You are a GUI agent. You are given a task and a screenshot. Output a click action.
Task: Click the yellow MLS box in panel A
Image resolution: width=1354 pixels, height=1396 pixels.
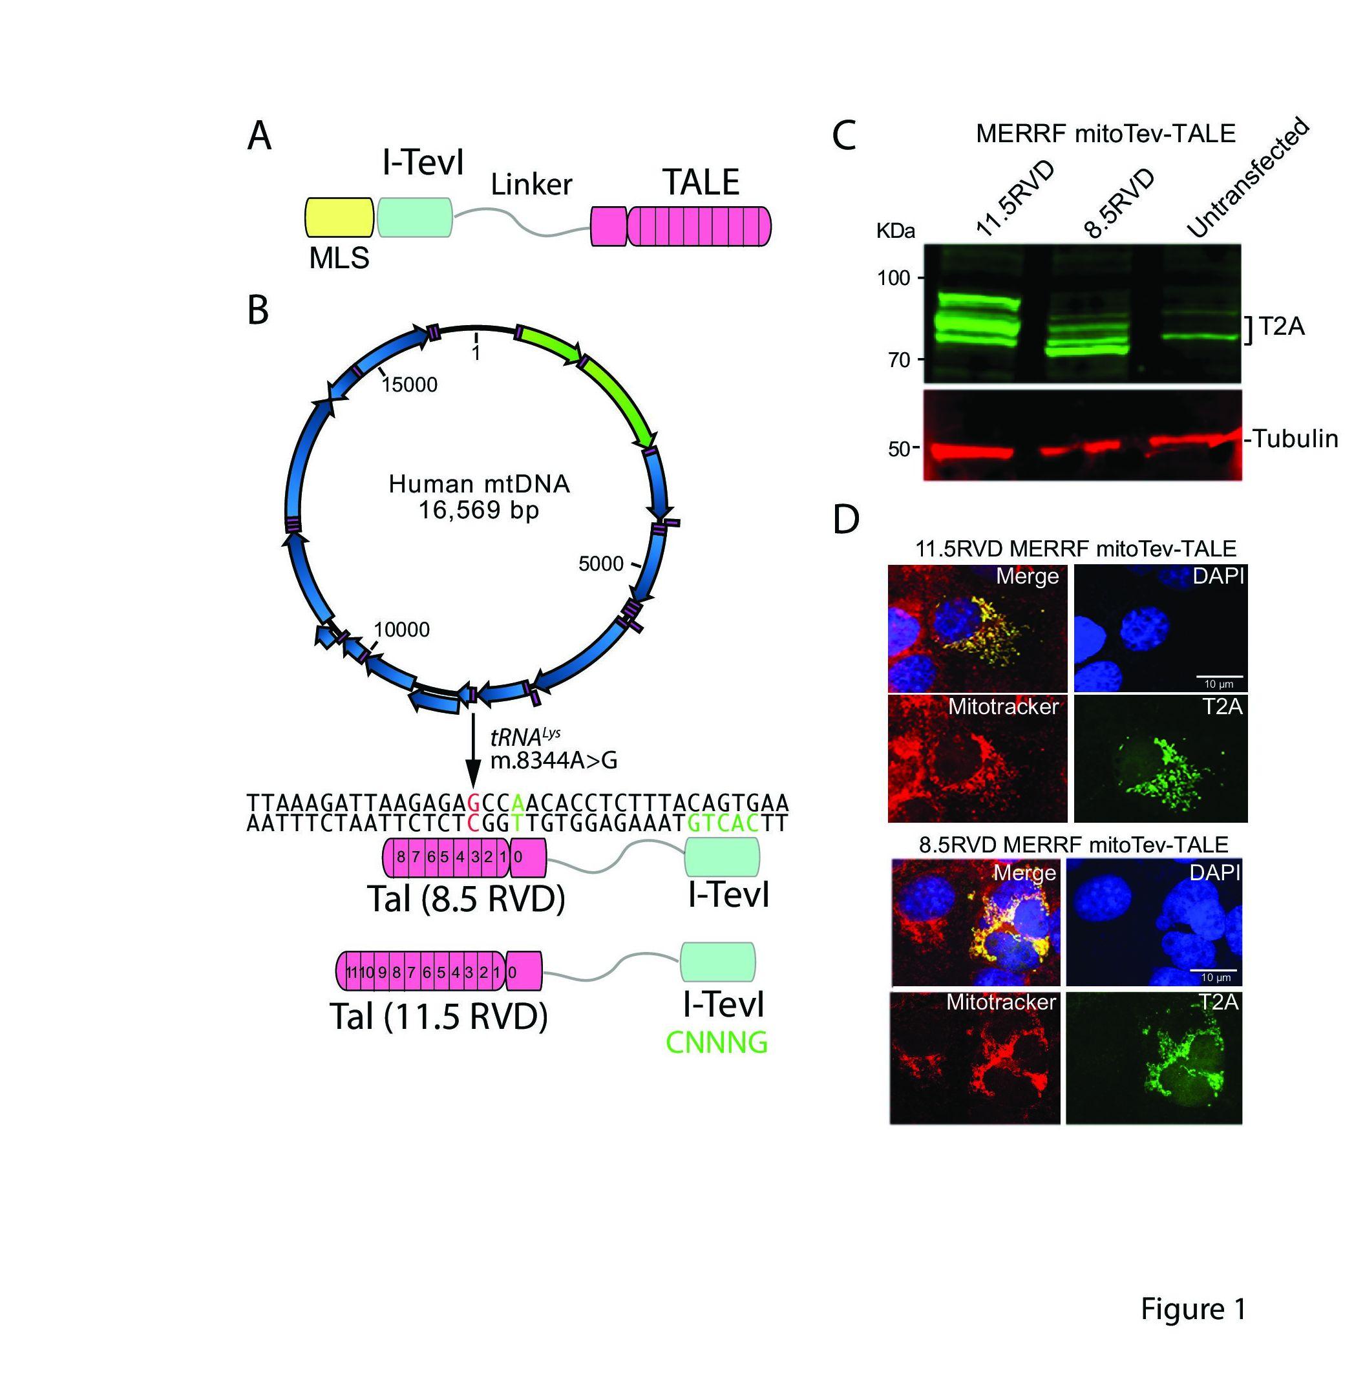point(339,217)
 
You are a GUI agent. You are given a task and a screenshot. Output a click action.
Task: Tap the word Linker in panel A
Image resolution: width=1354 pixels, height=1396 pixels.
point(531,184)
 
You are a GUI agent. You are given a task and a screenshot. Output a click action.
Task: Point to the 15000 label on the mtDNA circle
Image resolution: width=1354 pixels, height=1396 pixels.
point(410,385)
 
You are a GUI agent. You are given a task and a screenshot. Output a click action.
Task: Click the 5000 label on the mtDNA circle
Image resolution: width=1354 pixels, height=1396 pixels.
point(600,564)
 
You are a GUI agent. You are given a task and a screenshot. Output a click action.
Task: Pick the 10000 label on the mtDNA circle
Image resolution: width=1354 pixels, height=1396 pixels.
point(402,629)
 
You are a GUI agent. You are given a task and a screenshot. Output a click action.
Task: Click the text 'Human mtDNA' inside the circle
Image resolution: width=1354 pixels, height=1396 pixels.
point(479,484)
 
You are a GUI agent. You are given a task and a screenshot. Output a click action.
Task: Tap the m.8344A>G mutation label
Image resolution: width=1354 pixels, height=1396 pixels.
point(553,761)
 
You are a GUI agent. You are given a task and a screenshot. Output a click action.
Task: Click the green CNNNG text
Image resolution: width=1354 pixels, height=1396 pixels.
point(717,1042)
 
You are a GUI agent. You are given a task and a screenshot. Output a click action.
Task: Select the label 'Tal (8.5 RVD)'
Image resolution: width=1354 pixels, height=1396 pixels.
point(466,900)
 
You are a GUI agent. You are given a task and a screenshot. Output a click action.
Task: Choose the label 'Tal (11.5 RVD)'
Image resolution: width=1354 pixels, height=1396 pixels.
point(439,1017)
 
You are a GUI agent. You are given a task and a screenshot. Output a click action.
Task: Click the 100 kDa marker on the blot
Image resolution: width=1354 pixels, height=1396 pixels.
point(894,278)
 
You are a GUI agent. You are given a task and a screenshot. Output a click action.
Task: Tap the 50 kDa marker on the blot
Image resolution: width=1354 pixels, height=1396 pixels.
point(899,449)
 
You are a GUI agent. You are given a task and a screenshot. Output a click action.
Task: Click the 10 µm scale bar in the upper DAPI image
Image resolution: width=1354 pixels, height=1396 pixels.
point(1219,676)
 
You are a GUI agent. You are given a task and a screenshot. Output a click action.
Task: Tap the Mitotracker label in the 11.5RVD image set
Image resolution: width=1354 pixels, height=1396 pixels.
point(1003,706)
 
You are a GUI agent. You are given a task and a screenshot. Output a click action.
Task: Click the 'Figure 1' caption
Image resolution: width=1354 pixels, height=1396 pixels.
point(1193,1307)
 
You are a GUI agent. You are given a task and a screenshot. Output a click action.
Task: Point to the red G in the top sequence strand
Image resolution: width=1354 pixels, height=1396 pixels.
point(473,802)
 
